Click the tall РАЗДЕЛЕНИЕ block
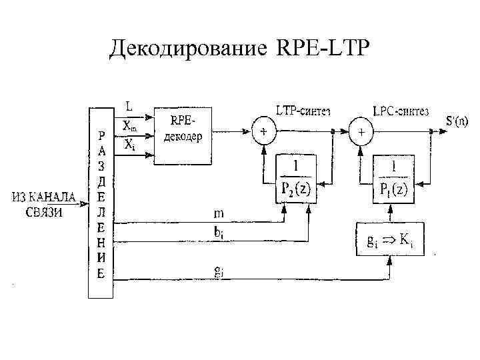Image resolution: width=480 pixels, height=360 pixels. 101,203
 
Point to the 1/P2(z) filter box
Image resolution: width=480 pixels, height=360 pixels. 294,179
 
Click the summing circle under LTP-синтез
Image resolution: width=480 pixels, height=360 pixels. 264,133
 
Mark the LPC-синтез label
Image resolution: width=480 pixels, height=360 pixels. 400,109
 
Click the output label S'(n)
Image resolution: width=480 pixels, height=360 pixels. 457,121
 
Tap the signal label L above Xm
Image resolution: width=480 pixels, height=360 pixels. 129,106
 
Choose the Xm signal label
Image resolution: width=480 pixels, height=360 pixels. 129,125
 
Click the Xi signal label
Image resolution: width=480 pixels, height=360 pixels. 129,144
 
